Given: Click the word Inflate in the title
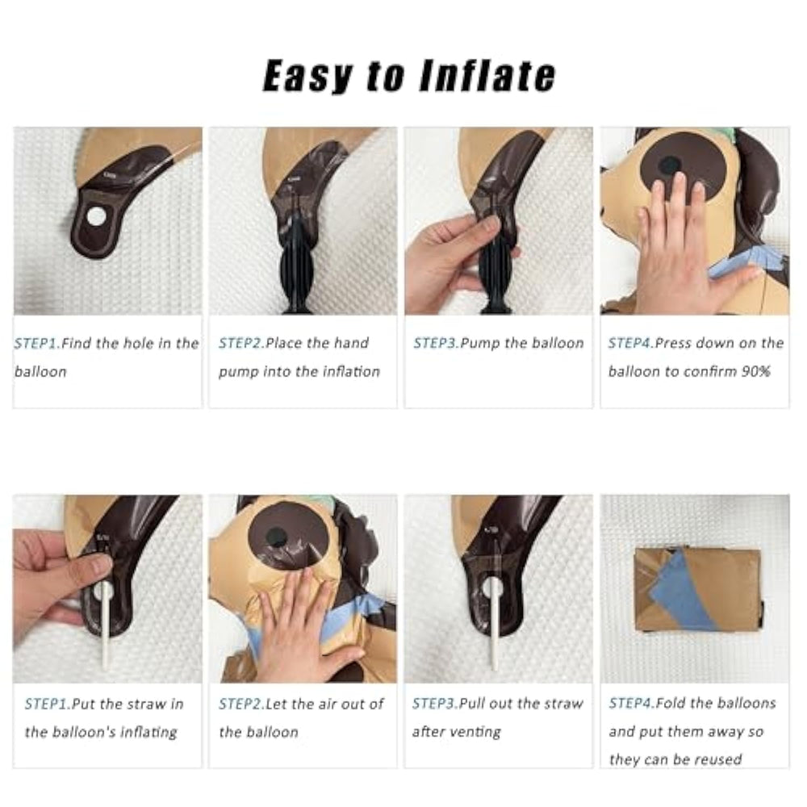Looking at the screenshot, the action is pyautogui.click(x=488, y=76).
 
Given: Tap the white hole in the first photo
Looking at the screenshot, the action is pyautogui.click(x=96, y=216).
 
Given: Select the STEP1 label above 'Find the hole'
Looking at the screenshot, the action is pyautogui.click(x=38, y=343).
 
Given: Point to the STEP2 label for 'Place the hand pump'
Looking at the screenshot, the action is pyautogui.click(x=242, y=343).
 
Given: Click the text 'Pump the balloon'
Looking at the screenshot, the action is pyautogui.click(x=522, y=343).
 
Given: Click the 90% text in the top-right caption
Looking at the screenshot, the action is pyautogui.click(x=755, y=371).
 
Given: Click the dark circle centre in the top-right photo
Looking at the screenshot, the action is pyautogui.click(x=669, y=165).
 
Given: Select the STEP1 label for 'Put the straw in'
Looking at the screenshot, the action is pyautogui.click(x=48, y=704).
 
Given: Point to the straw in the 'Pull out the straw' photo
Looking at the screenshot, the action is pyautogui.click(x=495, y=623).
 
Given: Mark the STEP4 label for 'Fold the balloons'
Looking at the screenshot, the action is pyautogui.click(x=633, y=704).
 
